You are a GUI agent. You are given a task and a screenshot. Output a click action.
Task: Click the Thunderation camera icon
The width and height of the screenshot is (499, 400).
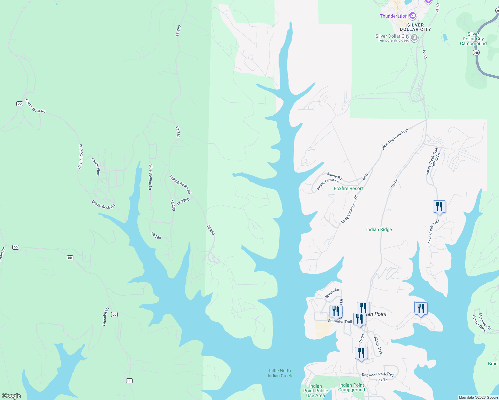[413, 16]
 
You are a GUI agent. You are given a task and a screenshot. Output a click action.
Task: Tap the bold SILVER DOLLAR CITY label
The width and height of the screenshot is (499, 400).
[415, 27]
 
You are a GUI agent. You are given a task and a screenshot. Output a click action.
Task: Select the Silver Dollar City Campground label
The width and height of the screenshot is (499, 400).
[473, 39]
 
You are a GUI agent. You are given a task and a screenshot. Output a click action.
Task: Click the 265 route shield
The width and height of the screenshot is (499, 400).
[476, 53]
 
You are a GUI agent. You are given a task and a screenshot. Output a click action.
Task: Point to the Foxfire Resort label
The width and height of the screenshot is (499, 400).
[348, 188]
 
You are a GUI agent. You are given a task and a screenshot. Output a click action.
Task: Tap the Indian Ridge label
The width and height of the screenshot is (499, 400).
[379, 229]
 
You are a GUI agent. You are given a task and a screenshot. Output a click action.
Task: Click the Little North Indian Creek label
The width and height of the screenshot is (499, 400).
[280, 373]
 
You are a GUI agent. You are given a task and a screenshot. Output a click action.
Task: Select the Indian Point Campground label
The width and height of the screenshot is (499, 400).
[352, 387]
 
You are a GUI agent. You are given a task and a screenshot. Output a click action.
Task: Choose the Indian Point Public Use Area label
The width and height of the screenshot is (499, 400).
[316, 391]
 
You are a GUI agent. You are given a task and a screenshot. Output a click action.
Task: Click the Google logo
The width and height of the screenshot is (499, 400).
[11, 396]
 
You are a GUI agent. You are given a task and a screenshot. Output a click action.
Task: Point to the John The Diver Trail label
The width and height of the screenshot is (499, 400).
[395, 139]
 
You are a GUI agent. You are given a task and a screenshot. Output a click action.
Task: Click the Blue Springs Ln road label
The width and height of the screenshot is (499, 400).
[150, 177]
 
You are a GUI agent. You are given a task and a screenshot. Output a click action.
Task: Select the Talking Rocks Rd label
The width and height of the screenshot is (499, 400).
[180, 184]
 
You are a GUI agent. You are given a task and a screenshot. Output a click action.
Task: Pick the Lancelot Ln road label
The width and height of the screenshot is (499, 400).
[105, 317]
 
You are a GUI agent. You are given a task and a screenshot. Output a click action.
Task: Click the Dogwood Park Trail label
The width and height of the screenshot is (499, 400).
[378, 375]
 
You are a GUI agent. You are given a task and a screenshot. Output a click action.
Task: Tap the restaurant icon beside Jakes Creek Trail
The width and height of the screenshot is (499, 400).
[439, 207]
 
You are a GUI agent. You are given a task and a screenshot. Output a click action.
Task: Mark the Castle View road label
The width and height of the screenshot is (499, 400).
[96, 167]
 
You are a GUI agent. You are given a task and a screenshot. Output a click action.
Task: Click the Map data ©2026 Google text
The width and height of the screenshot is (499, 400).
[478, 397]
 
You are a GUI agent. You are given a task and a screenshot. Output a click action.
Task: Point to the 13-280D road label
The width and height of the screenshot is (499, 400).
[183, 201]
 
